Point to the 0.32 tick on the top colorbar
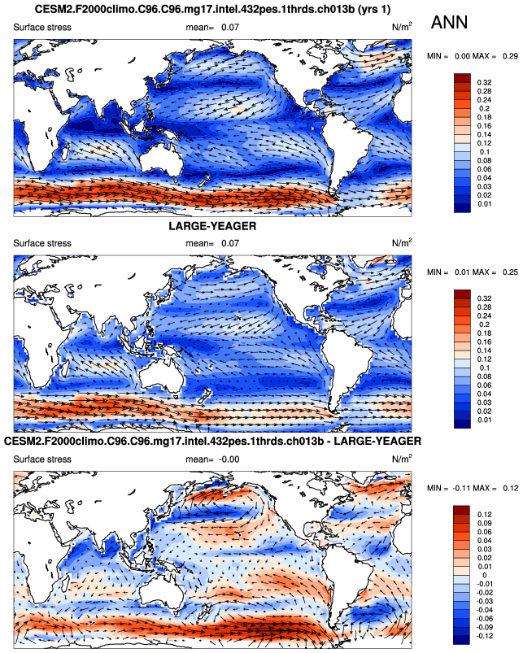click(x=485, y=82)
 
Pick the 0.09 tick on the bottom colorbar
click(x=485, y=525)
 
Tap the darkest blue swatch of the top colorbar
click(x=462, y=209)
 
